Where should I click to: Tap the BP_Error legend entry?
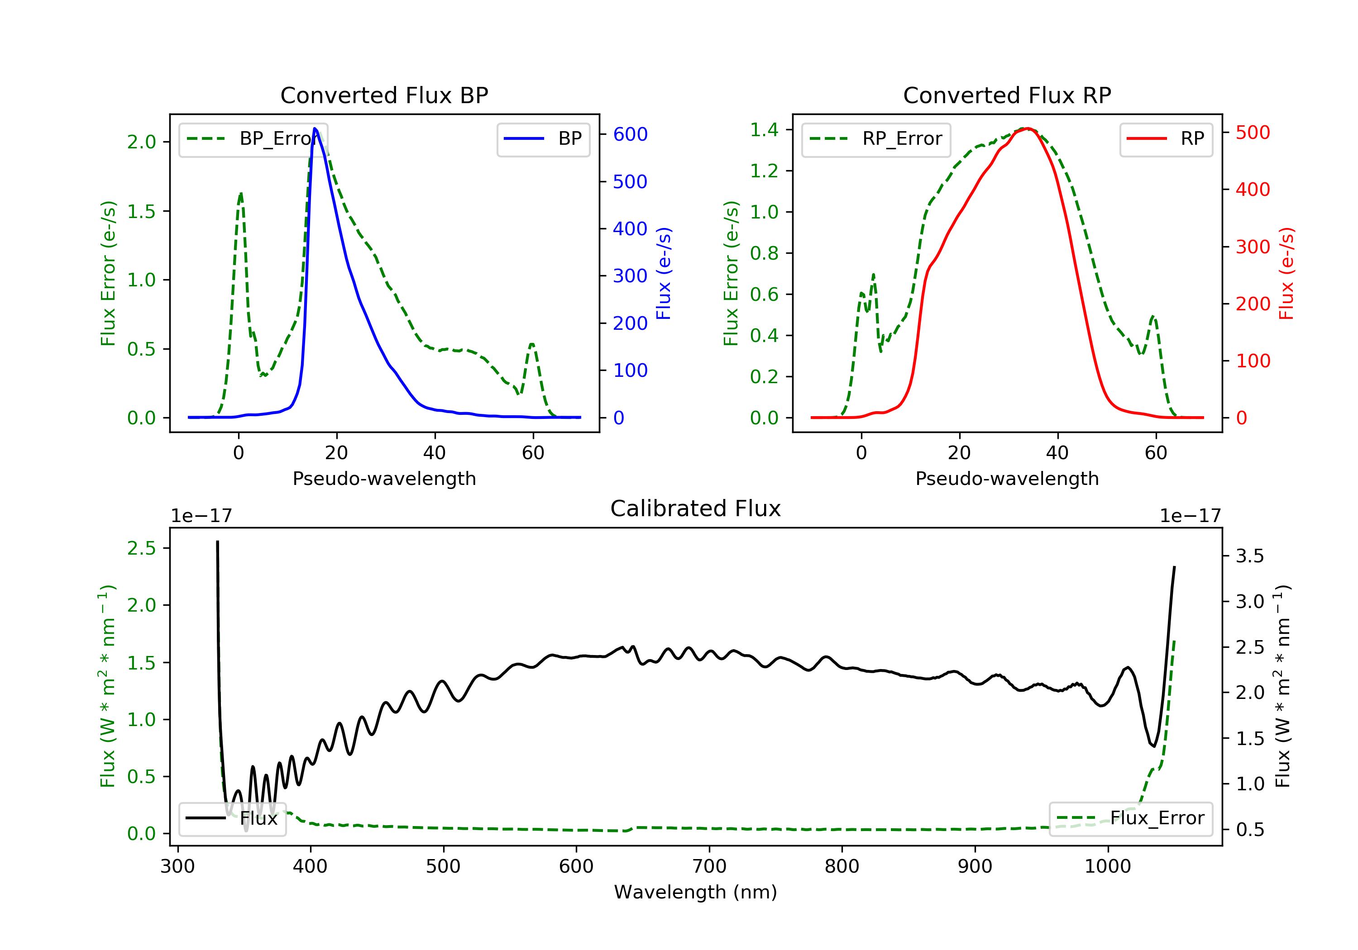point(253,139)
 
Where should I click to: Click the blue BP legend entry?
point(543,139)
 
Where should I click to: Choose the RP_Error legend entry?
point(876,139)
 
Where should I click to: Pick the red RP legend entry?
point(1166,139)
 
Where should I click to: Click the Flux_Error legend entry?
point(1130,819)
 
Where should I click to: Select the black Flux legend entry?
point(233,819)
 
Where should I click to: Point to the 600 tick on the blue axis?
point(630,135)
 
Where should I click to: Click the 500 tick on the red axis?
point(1253,133)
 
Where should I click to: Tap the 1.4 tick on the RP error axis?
point(764,130)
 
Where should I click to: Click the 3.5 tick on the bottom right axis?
point(1249,556)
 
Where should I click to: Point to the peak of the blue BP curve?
point(315,128)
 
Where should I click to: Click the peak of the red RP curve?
point(1028,128)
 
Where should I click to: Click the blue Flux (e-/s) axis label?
point(664,274)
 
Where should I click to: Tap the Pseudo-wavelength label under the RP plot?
point(1007,479)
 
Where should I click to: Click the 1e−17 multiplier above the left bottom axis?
point(201,516)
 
